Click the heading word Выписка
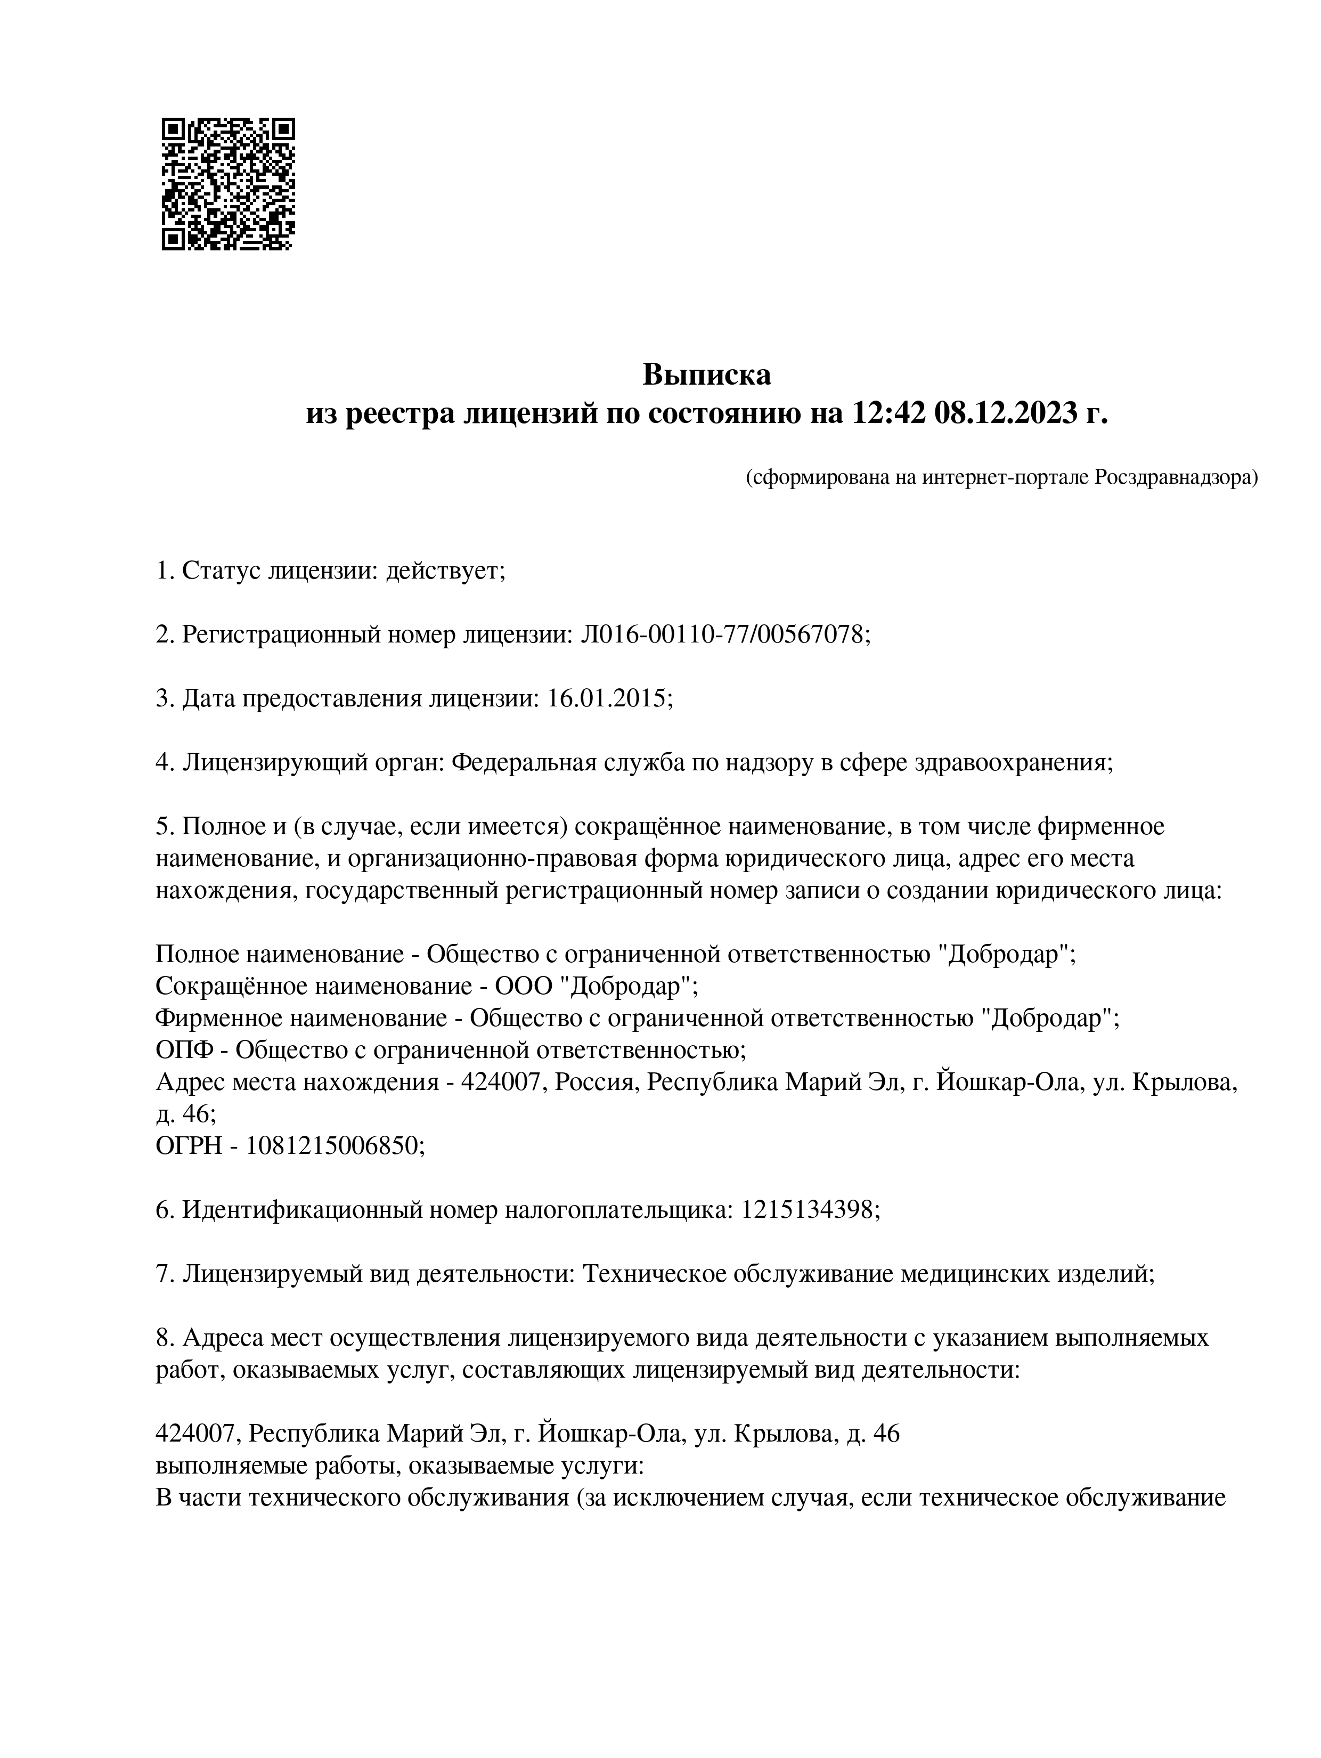(707, 375)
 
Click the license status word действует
(445, 571)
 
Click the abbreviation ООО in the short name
(524, 986)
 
